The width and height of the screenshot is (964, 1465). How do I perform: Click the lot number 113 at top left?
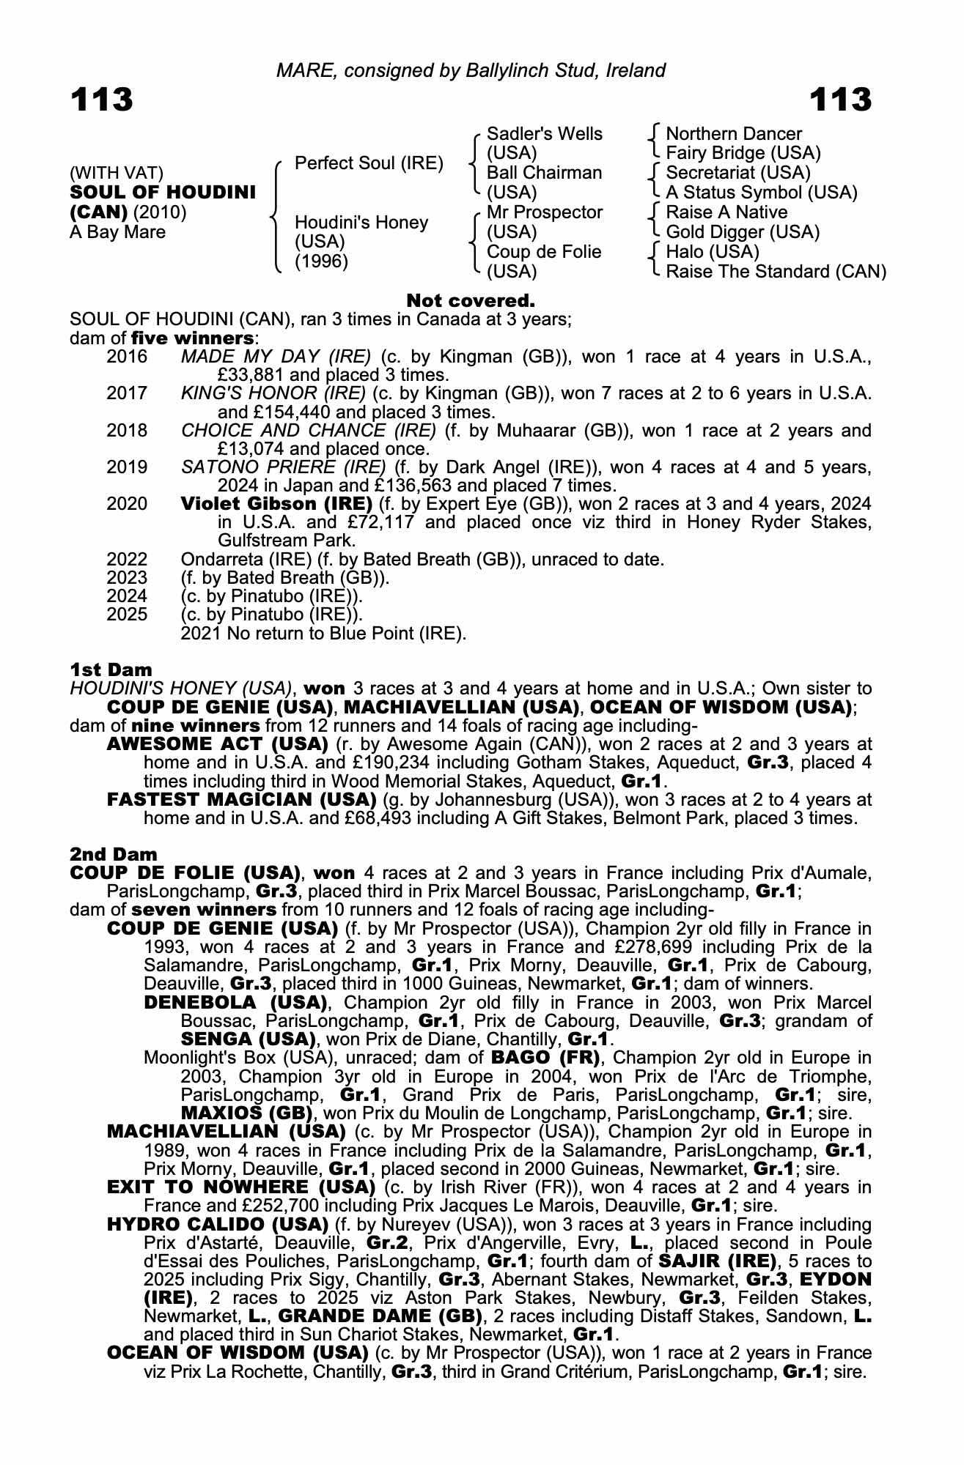pos(101,100)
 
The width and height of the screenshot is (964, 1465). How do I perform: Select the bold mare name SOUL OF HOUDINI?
pos(163,193)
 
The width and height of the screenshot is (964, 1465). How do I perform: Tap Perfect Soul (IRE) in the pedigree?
pos(369,163)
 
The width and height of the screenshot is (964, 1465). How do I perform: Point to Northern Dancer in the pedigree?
pos(733,134)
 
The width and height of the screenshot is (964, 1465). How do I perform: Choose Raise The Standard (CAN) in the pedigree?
pos(776,272)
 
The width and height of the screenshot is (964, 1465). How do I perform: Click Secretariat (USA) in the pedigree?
pos(737,173)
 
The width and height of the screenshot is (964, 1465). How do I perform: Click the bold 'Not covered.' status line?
pos(471,301)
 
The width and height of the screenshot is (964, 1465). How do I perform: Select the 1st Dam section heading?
pos(111,670)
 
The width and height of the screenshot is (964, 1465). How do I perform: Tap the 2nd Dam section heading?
pos(114,854)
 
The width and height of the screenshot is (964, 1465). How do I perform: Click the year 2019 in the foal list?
pos(127,467)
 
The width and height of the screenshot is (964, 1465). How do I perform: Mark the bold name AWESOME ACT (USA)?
pos(217,744)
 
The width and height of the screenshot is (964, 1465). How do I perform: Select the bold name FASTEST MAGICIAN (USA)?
pos(242,799)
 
